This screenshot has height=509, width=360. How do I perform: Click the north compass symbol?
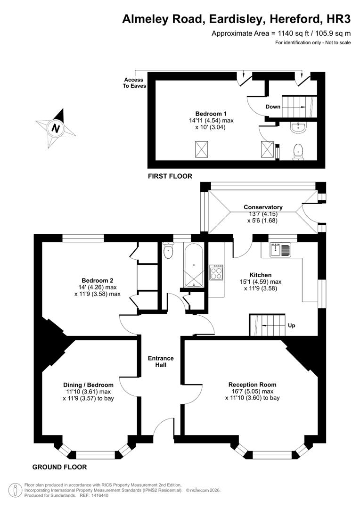(x=56, y=127)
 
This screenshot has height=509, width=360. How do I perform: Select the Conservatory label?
(x=263, y=207)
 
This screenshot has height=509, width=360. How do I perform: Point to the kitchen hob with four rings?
(x=217, y=272)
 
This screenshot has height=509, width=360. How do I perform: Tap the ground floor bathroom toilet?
(x=168, y=252)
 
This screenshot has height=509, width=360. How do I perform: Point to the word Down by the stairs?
(x=273, y=107)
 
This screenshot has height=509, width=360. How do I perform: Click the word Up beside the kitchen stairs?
(x=291, y=325)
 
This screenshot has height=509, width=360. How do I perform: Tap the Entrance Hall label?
(x=161, y=361)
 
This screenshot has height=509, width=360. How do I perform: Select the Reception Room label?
(x=252, y=385)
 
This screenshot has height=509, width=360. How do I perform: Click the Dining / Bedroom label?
(x=88, y=385)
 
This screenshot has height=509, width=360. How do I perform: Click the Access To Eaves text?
(x=135, y=82)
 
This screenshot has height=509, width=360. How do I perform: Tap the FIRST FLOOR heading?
(x=170, y=176)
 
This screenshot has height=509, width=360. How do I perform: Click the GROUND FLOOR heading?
(x=59, y=467)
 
